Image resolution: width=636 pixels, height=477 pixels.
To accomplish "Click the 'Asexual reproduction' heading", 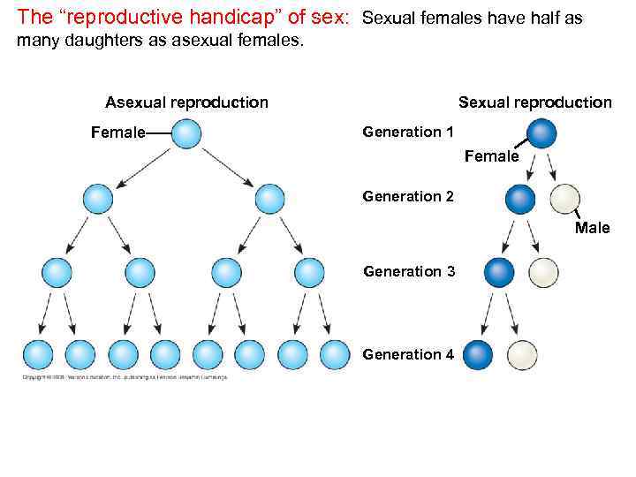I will point(186,102).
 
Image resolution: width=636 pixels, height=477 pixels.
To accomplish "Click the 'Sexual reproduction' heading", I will point(534,102).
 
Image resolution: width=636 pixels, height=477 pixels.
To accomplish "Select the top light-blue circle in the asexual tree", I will point(185,134).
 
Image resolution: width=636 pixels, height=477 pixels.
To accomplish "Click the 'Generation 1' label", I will point(408,132).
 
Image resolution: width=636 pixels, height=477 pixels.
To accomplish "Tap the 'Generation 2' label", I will point(408,196).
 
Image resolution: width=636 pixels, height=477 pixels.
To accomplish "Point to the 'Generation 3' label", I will point(409,271).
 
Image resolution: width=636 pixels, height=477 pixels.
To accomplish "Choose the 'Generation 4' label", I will point(408,354).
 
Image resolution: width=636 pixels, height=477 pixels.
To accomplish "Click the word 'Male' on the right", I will point(592,228).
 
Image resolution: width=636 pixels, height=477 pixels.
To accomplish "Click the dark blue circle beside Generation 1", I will point(542,133).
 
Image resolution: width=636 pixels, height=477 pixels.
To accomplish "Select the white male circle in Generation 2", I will point(564,199).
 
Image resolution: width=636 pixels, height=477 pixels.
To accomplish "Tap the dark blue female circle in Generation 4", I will point(477,355).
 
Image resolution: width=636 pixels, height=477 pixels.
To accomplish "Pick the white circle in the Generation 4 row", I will point(522,355).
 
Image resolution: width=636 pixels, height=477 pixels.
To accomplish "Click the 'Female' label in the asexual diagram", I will point(118,133).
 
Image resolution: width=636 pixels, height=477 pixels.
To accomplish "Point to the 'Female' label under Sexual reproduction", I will point(491,156).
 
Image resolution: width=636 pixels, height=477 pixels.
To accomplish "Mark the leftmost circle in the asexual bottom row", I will point(37,354).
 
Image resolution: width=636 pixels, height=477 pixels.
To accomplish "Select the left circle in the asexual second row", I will point(98,198).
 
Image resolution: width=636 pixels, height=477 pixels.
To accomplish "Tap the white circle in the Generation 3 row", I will point(543,271).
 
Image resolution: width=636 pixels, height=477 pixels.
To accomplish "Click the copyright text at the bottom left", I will point(124,377).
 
